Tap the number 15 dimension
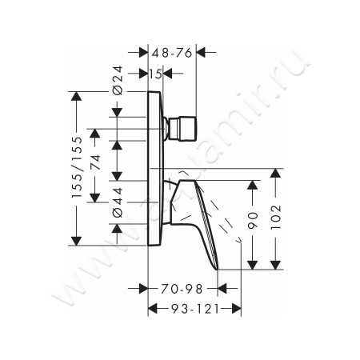[x=155, y=74]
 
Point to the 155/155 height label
[x=78, y=169]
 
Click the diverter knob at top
[x=182, y=126]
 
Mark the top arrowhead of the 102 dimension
[x=278, y=173]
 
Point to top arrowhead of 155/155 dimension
[x=78, y=97]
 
